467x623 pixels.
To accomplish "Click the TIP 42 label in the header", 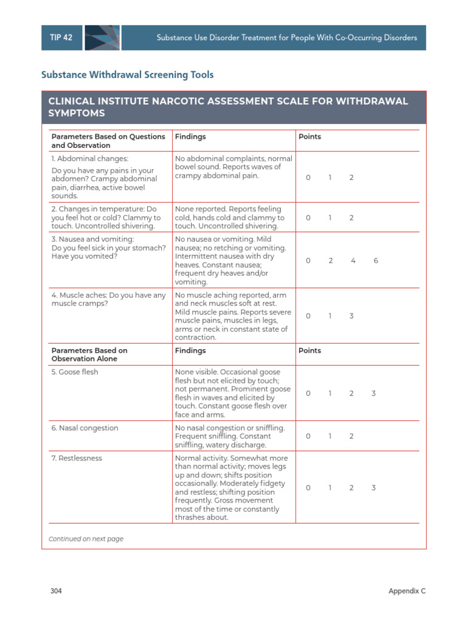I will pyautogui.click(x=61, y=38).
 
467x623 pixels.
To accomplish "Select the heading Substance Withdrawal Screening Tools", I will pyautogui.click(x=127, y=75).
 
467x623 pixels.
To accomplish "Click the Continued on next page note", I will pyautogui.click(x=86, y=539).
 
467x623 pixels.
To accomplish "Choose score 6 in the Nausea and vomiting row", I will pyautogui.click(x=376, y=260).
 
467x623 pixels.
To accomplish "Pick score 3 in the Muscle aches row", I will pyautogui.click(x=351, y=316).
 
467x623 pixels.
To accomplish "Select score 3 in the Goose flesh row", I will pyautogui.click(x=373, y=394).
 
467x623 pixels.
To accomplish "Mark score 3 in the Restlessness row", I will pyautogui.click(x=373, y=488).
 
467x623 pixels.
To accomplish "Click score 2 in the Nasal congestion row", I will pyautogui.click(x=351, y=436).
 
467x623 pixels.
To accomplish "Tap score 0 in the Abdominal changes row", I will pyautogui.click(x=308, y=178).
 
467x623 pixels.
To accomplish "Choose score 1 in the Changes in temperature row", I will pyautogui.click(x=330, y=218).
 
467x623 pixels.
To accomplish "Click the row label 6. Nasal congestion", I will pyautogui.click(x=85, y=428).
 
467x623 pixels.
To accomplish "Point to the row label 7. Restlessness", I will pyautogui.click(x=77, y=458).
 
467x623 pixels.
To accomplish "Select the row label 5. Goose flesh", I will pyautogui.click(x=75, y=372).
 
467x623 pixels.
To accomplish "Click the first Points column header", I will pyautogui.click(x=310, y=137).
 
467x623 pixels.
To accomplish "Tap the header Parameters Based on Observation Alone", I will pyautogui.click(x=89, y=355).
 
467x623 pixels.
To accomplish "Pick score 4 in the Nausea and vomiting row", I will pyautogui.click(x=353, y=260).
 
